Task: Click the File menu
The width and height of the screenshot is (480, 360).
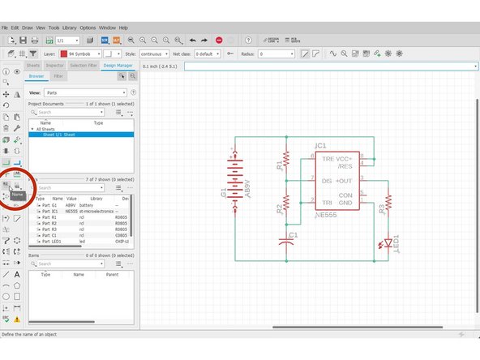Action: [x=6, y=27]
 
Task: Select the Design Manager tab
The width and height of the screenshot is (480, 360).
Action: [x=118, y=65]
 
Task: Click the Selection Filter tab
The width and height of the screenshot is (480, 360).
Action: [x=84, y=65]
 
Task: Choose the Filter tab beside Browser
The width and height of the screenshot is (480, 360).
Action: [x=58, y=75]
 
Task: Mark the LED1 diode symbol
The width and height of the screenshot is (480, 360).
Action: [x=388, y=242]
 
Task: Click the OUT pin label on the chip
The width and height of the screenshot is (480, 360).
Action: [x=344, y=180]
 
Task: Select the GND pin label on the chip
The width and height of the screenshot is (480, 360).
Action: [x=345, y=202]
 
